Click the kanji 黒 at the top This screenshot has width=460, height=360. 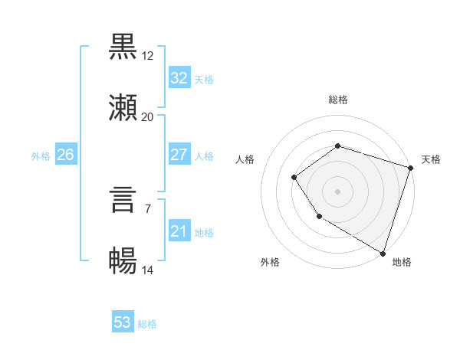click(123, 47)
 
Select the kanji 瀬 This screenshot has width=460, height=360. click(123, 108)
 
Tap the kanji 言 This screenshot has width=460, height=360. click(123, 201)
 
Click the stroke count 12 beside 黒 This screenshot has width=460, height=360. click(148, 56)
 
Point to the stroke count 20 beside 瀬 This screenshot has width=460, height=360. click(148, 117)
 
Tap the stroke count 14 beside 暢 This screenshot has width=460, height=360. click(148, 270)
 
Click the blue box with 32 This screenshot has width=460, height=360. click(179, 77)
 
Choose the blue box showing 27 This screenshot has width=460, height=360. click(179, 155)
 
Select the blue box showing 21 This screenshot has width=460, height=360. click(179, 231)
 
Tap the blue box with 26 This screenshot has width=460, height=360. click(65, 155)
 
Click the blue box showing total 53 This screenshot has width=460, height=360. click(123, 322)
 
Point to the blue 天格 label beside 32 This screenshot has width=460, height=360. click(204, 79)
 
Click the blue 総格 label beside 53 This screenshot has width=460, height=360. click(148, 324)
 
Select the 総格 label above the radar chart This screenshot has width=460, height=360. click(337, 100)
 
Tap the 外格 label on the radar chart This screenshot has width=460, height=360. click(270, 262)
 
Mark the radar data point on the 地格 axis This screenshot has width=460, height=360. click(382, 252)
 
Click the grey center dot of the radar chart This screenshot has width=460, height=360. click(337, 191)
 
